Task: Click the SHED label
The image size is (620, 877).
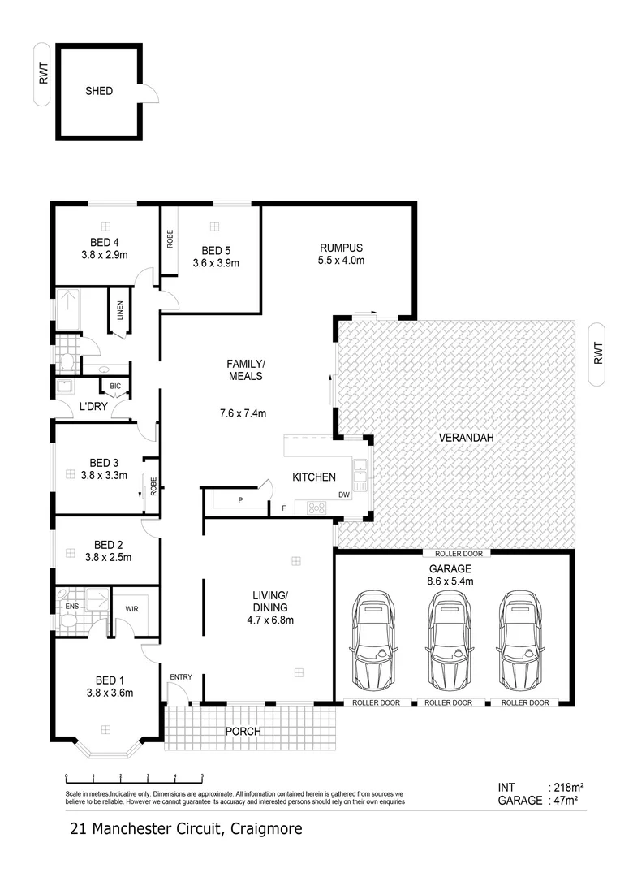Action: point(99,91)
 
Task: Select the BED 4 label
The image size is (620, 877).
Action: point(105,241)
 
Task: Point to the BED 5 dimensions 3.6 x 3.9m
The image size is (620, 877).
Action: point(215,263)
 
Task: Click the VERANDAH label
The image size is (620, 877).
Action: point(467,438)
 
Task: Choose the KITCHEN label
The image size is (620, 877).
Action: point(314,477)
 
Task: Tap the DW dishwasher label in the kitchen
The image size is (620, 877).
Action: point(344,495)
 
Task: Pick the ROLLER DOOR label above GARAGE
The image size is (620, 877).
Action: point(454,554)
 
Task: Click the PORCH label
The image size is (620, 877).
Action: point(243,732)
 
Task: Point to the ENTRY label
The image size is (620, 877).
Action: point(181,676)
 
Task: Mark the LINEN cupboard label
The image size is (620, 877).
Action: point(120,310)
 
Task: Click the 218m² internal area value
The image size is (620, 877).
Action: point(567,787)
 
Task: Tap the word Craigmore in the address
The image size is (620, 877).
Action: point(266,829)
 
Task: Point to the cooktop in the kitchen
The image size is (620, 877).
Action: point(316,508)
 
